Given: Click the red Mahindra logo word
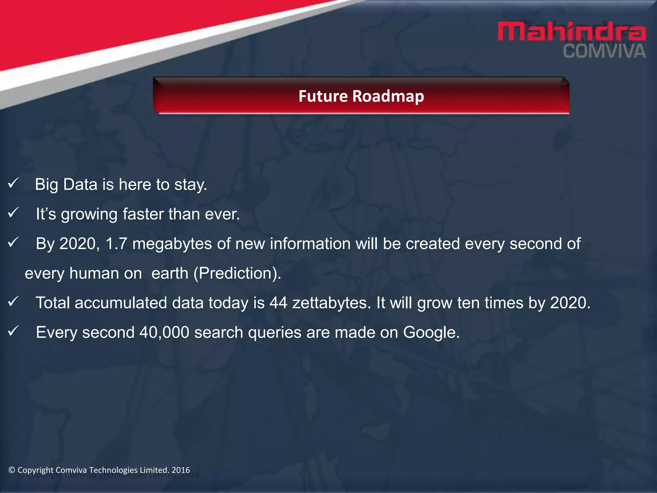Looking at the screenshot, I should coord(571,31).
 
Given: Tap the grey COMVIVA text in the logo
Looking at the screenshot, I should coord(604,52).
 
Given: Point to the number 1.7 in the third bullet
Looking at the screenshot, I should coord(116,244).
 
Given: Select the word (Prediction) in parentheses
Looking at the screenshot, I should coord(237,273).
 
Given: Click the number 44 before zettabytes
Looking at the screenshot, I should coord(278,303).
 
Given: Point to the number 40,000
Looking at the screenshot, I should coord(164,333).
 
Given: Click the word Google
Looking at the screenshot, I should coord(431,333).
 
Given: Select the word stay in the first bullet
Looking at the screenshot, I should coord(191,185).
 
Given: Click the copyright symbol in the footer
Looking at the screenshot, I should coord(12,470).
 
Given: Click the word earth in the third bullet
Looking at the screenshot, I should coord(170,273).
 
